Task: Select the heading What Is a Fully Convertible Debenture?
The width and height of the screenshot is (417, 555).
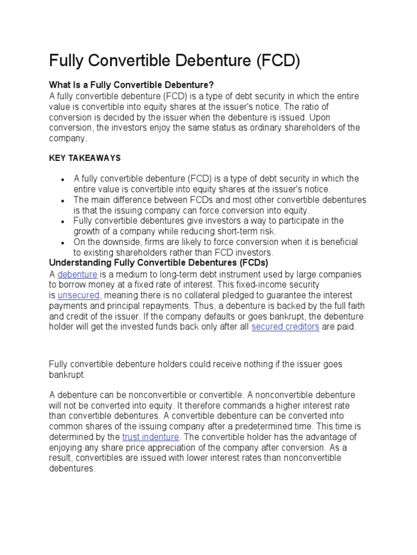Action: (x=132, y=85)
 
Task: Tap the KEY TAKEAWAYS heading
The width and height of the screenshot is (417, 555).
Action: (x=85, y=158)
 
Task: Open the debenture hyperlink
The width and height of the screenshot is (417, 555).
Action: (x=77, y=274)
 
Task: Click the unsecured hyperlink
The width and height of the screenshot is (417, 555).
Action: (x=78, y=295)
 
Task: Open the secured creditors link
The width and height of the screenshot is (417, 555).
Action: (x=285, y=327)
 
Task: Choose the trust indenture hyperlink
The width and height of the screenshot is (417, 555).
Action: (x=150, y=437)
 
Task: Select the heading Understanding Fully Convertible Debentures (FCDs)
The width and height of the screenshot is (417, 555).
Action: (x=159, y=263)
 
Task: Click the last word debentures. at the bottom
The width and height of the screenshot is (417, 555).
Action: (x=72, y=468)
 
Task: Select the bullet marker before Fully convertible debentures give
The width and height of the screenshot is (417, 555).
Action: (x=63, y=222)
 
